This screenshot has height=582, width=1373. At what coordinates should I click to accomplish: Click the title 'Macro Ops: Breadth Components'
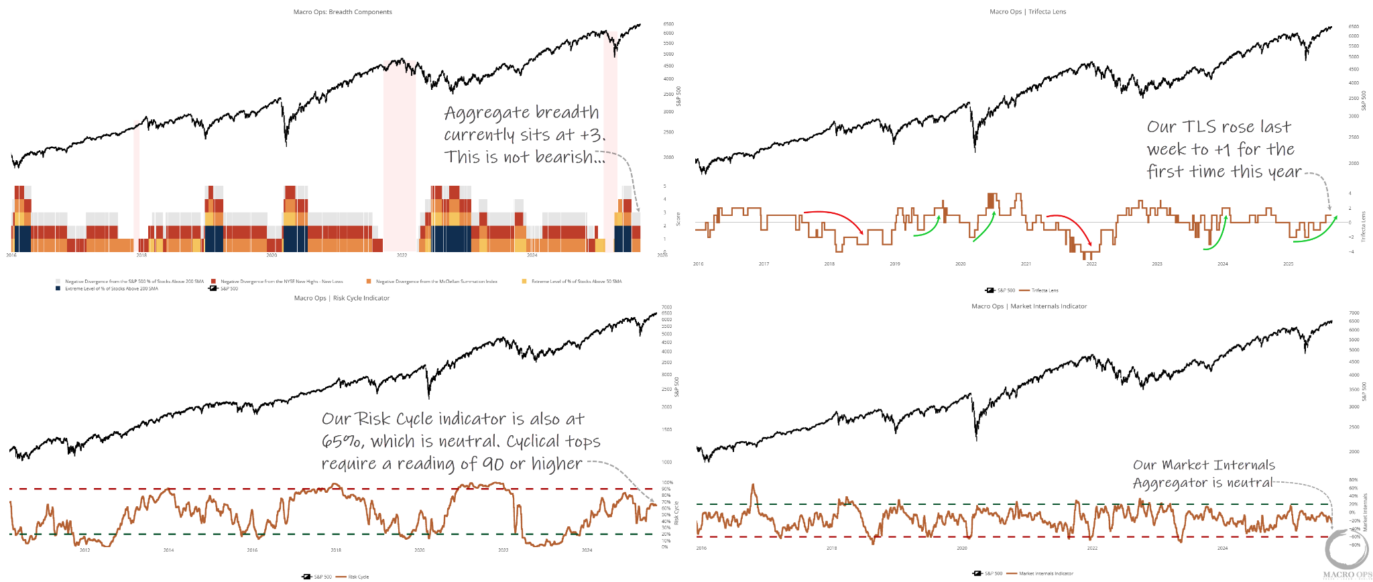[x=343, y=12]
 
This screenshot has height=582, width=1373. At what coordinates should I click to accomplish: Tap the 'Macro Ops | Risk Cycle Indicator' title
[x=342, y=298]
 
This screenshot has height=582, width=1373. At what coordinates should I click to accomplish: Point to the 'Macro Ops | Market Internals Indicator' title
[x=1029, y=306]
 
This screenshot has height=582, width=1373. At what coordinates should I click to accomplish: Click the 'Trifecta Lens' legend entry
[x=1044, y=290]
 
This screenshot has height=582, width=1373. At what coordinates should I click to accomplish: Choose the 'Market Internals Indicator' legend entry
[x=1046, y=573]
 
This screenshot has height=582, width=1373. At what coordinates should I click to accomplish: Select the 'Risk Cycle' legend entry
[x=358, y=577]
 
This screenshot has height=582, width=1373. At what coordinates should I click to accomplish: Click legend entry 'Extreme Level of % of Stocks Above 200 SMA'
[x=111, y=289]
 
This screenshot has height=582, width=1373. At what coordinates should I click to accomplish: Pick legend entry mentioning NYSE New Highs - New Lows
[x=282, y=282]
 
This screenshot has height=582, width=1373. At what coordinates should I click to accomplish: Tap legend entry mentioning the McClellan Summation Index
[x=436, y=282]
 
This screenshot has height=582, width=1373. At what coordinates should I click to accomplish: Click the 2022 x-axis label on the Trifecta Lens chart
[x=1091, y=264]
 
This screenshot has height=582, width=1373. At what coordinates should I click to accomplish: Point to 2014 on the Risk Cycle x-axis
[x=168, y=550]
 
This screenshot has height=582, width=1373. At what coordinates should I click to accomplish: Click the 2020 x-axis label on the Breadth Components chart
[x=271, y=255]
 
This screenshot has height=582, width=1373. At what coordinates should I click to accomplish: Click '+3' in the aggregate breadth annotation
[x=591, y=135]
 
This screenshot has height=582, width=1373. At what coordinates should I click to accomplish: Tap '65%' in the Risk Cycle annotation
[x=343, y=441]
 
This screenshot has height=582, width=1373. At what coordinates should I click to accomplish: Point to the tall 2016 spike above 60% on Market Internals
[x=752, y=485]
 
